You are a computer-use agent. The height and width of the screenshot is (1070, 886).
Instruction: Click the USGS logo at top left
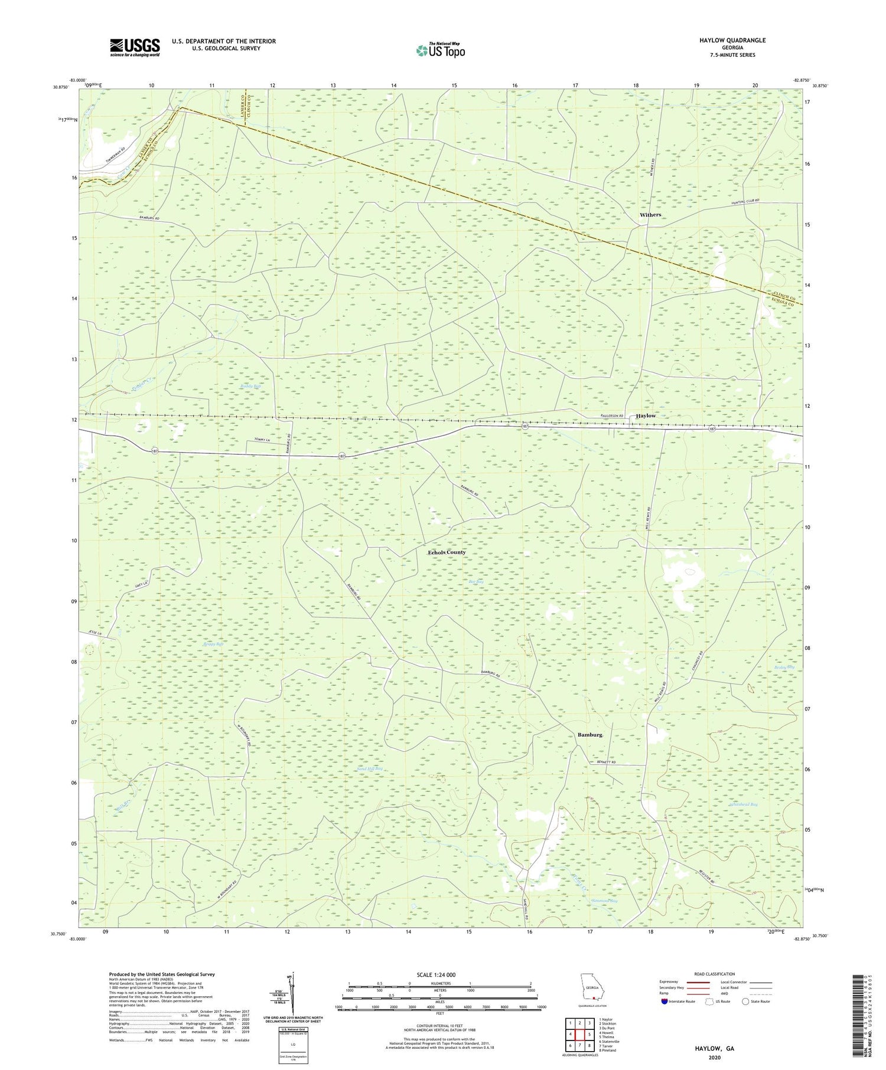135,47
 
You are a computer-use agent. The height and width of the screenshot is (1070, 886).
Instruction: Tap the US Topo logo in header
440,50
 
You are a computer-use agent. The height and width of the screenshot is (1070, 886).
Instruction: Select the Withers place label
650,215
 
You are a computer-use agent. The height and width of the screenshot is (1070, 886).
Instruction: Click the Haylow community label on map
646,415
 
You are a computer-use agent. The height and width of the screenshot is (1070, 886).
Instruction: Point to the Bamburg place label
589,735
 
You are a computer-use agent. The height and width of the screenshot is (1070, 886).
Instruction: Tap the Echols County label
446,552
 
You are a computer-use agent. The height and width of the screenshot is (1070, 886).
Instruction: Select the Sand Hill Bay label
370,769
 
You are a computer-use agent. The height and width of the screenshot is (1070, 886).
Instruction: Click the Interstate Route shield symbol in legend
664,1002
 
